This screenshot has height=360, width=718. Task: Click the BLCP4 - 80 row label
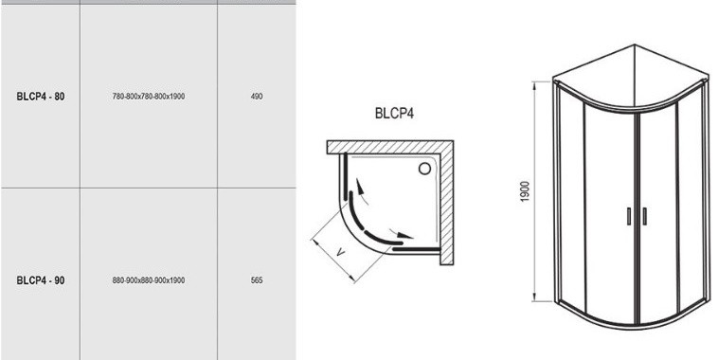click(x=41, y=97)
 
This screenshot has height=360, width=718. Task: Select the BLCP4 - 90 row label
click(x=41, y=280)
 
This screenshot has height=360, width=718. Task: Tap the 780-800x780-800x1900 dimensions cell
click(x=149, y=97)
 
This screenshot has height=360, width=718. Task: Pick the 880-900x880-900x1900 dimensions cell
click(x=149, y=280)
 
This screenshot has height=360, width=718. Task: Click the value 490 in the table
click(x=257, y=97)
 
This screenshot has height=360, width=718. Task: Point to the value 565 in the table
click(x=257, y=280)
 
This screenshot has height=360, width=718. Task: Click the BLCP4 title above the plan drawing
click(x=394, y=113)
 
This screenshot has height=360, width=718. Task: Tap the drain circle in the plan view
click(x=424, y=169)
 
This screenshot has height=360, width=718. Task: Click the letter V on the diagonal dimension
click(x=341, y=251)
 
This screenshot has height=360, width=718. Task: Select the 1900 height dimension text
click(x=525, y=192)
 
